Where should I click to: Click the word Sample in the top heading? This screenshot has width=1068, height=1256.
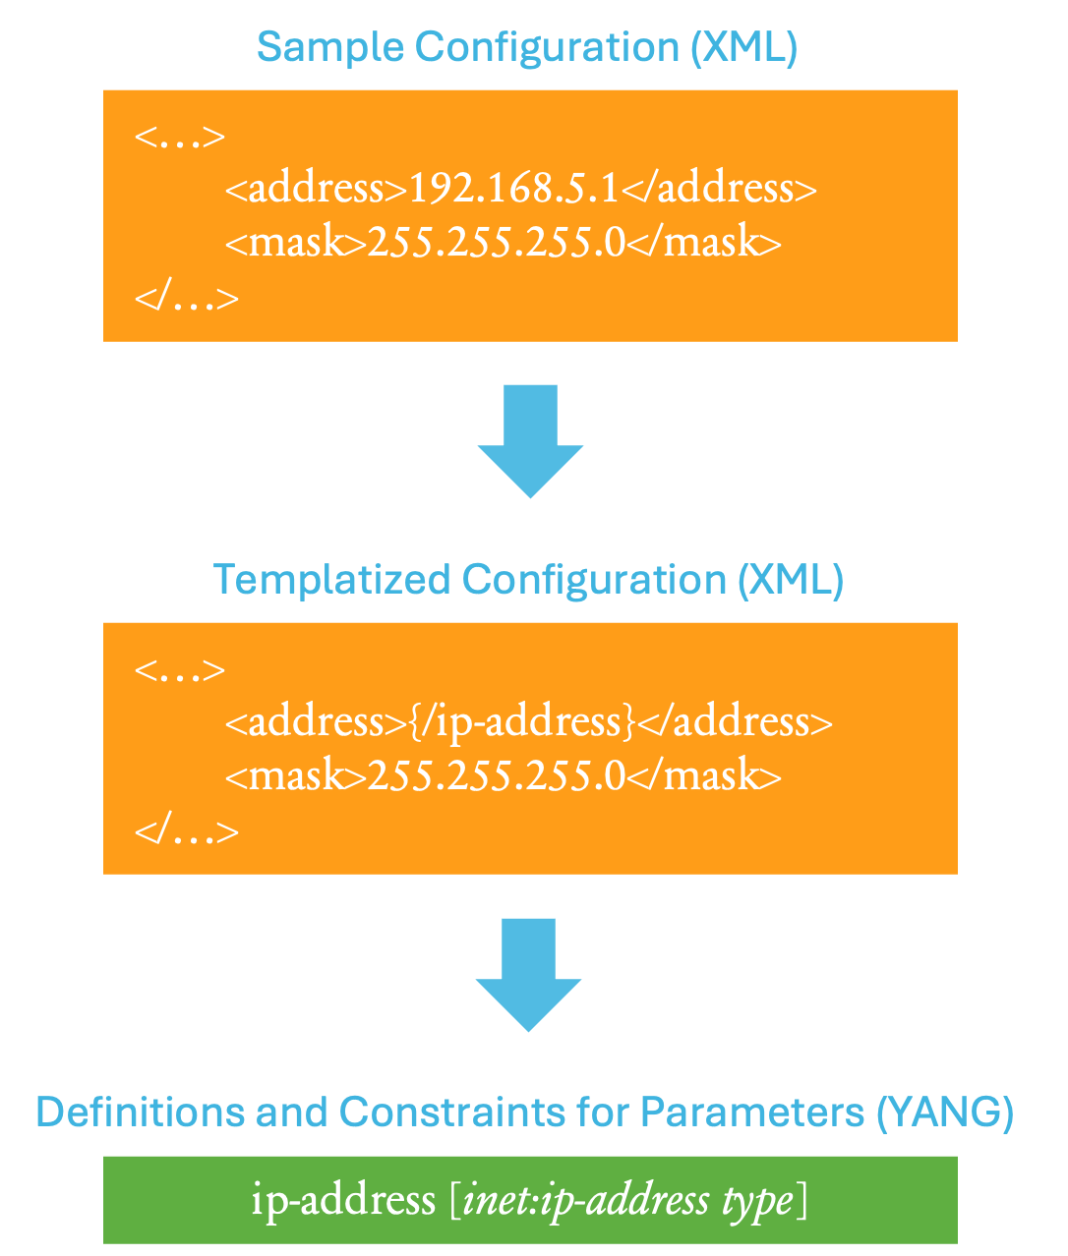pyautogui.click(x=330, y=47)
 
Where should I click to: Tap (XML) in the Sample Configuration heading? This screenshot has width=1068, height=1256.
pyautogui.click(x=743, y=47)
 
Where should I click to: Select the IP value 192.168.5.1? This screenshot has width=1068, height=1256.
pyautogui.click(x=513, y=188)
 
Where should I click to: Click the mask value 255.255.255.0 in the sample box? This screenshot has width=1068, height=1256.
pyautogui.click(x=497, y=242)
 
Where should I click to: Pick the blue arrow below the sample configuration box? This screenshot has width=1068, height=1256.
pyautogui.click(x=530, y=441)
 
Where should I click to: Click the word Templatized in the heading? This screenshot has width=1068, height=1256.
pyautogui.click(x=331, y=580)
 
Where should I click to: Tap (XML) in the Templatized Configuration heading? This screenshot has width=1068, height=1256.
pyautogui.click(x=791, y=580)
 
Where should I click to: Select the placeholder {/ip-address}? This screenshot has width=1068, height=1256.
pyautogui.click(x=522, y=723)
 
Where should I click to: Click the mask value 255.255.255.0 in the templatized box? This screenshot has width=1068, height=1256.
pyautogui.click(x=497, y=775)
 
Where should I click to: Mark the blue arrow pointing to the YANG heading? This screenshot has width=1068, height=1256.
pyautogui.click(x=528, y=975)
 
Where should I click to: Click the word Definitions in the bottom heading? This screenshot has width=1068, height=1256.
pyautogui.click(x=141, y=1112)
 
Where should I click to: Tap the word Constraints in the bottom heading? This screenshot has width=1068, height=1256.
pyautogui.click(x=452, y=1112)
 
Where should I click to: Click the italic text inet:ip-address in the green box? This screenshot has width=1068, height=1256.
pyautogui.click(x=586, y=1202)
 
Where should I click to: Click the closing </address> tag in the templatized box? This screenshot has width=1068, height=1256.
pyautogui.click(x=735, y=722)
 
